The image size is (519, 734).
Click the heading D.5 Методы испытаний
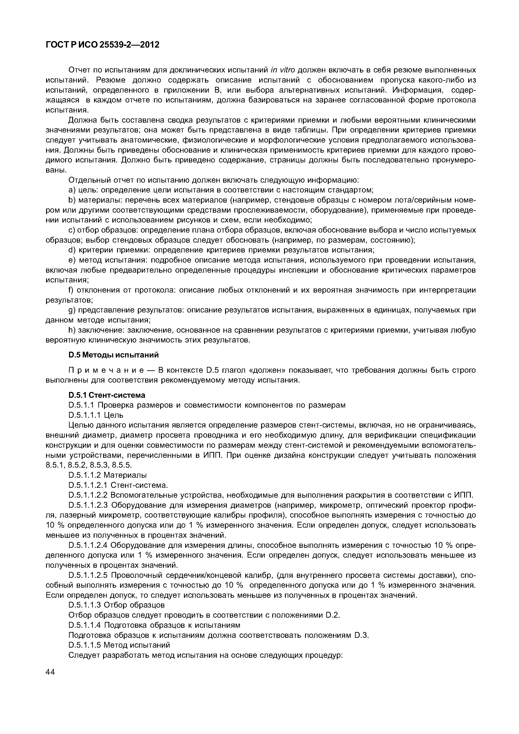114,355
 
